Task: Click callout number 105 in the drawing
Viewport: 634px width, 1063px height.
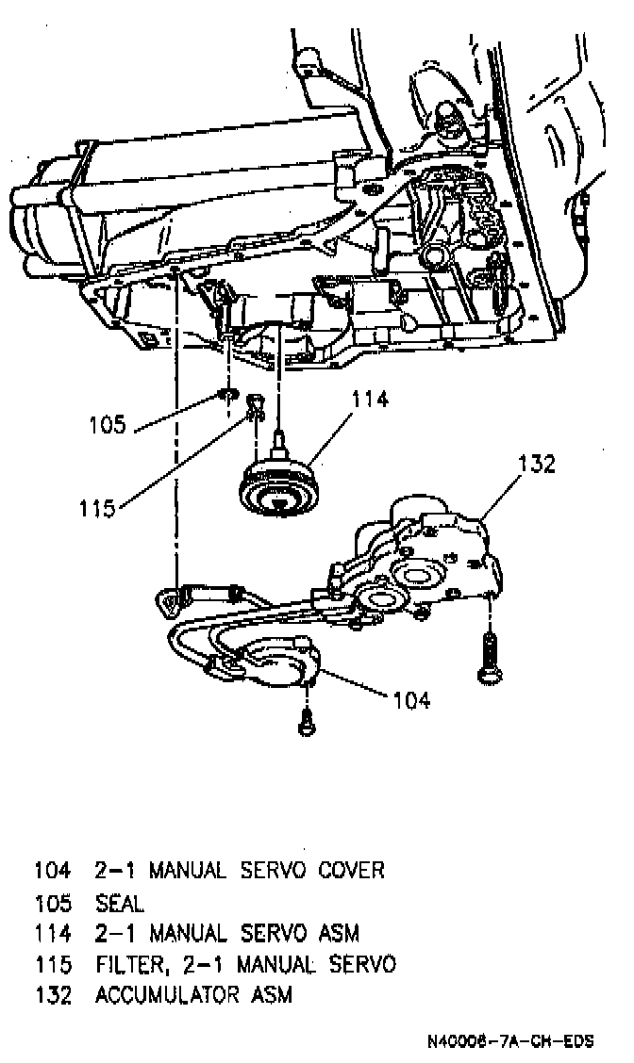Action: coord(108,424)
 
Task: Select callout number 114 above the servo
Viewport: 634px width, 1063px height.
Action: coord(369,400)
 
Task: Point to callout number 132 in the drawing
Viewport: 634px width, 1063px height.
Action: coord(536,465)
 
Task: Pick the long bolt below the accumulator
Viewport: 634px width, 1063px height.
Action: coord(490,656)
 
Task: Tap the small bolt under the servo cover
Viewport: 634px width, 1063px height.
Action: coord(305,723)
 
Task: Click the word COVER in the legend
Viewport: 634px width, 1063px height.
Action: coord(350,870)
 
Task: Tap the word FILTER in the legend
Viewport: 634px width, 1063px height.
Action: coord(127,964)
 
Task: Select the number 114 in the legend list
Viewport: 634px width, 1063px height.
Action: coord(53,933)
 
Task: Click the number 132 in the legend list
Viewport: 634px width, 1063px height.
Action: coord(53,995)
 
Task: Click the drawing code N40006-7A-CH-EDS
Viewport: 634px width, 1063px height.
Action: coord(509,1042)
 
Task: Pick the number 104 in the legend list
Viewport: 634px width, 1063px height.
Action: coord(53,870)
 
